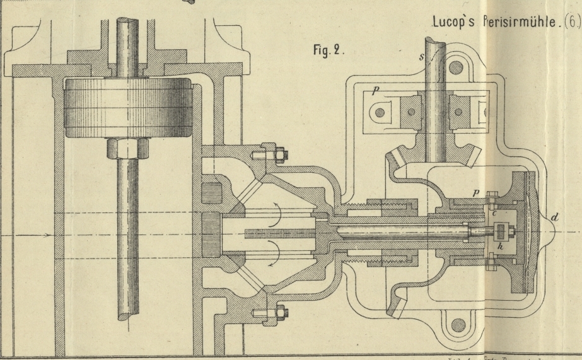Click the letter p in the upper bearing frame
[375, 91]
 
